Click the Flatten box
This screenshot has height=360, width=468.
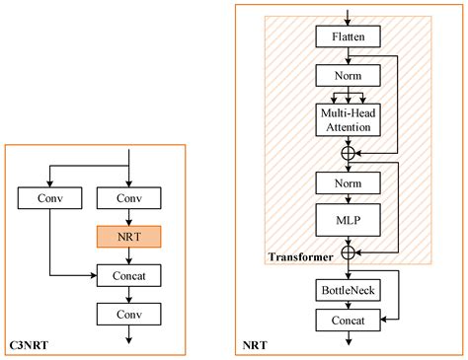click(348, 37)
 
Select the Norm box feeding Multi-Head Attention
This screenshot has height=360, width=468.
click(348, 75)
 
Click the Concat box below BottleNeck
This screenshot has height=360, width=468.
click(348, 320)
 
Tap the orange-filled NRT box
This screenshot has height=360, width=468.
click(129, 238)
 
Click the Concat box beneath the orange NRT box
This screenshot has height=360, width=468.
click(129, 276)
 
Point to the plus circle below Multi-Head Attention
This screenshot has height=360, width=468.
click(348, 153)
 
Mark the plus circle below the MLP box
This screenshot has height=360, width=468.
click(348, 252)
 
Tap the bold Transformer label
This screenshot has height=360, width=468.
click(301, 258)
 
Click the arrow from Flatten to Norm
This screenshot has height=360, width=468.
click(348, 56)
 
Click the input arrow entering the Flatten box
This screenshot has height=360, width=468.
click(348, 16)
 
